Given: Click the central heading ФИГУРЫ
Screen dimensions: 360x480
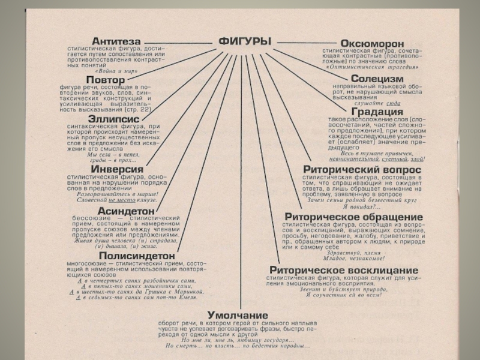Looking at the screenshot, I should [x=244, y=41].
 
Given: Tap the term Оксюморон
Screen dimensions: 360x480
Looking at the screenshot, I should [x=372, y=44].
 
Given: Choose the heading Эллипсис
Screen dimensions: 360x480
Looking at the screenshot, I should [x=113, y=119].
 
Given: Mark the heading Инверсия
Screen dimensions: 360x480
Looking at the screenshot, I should [x=117, y=170].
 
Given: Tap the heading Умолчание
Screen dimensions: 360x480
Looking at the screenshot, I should [x=238, y=315].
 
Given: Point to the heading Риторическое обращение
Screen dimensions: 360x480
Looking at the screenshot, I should [x=353, y=217].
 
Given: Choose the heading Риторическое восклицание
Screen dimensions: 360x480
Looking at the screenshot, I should [x=344, y=271].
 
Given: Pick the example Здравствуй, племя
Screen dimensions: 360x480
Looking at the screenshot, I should [x=347, y=253].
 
